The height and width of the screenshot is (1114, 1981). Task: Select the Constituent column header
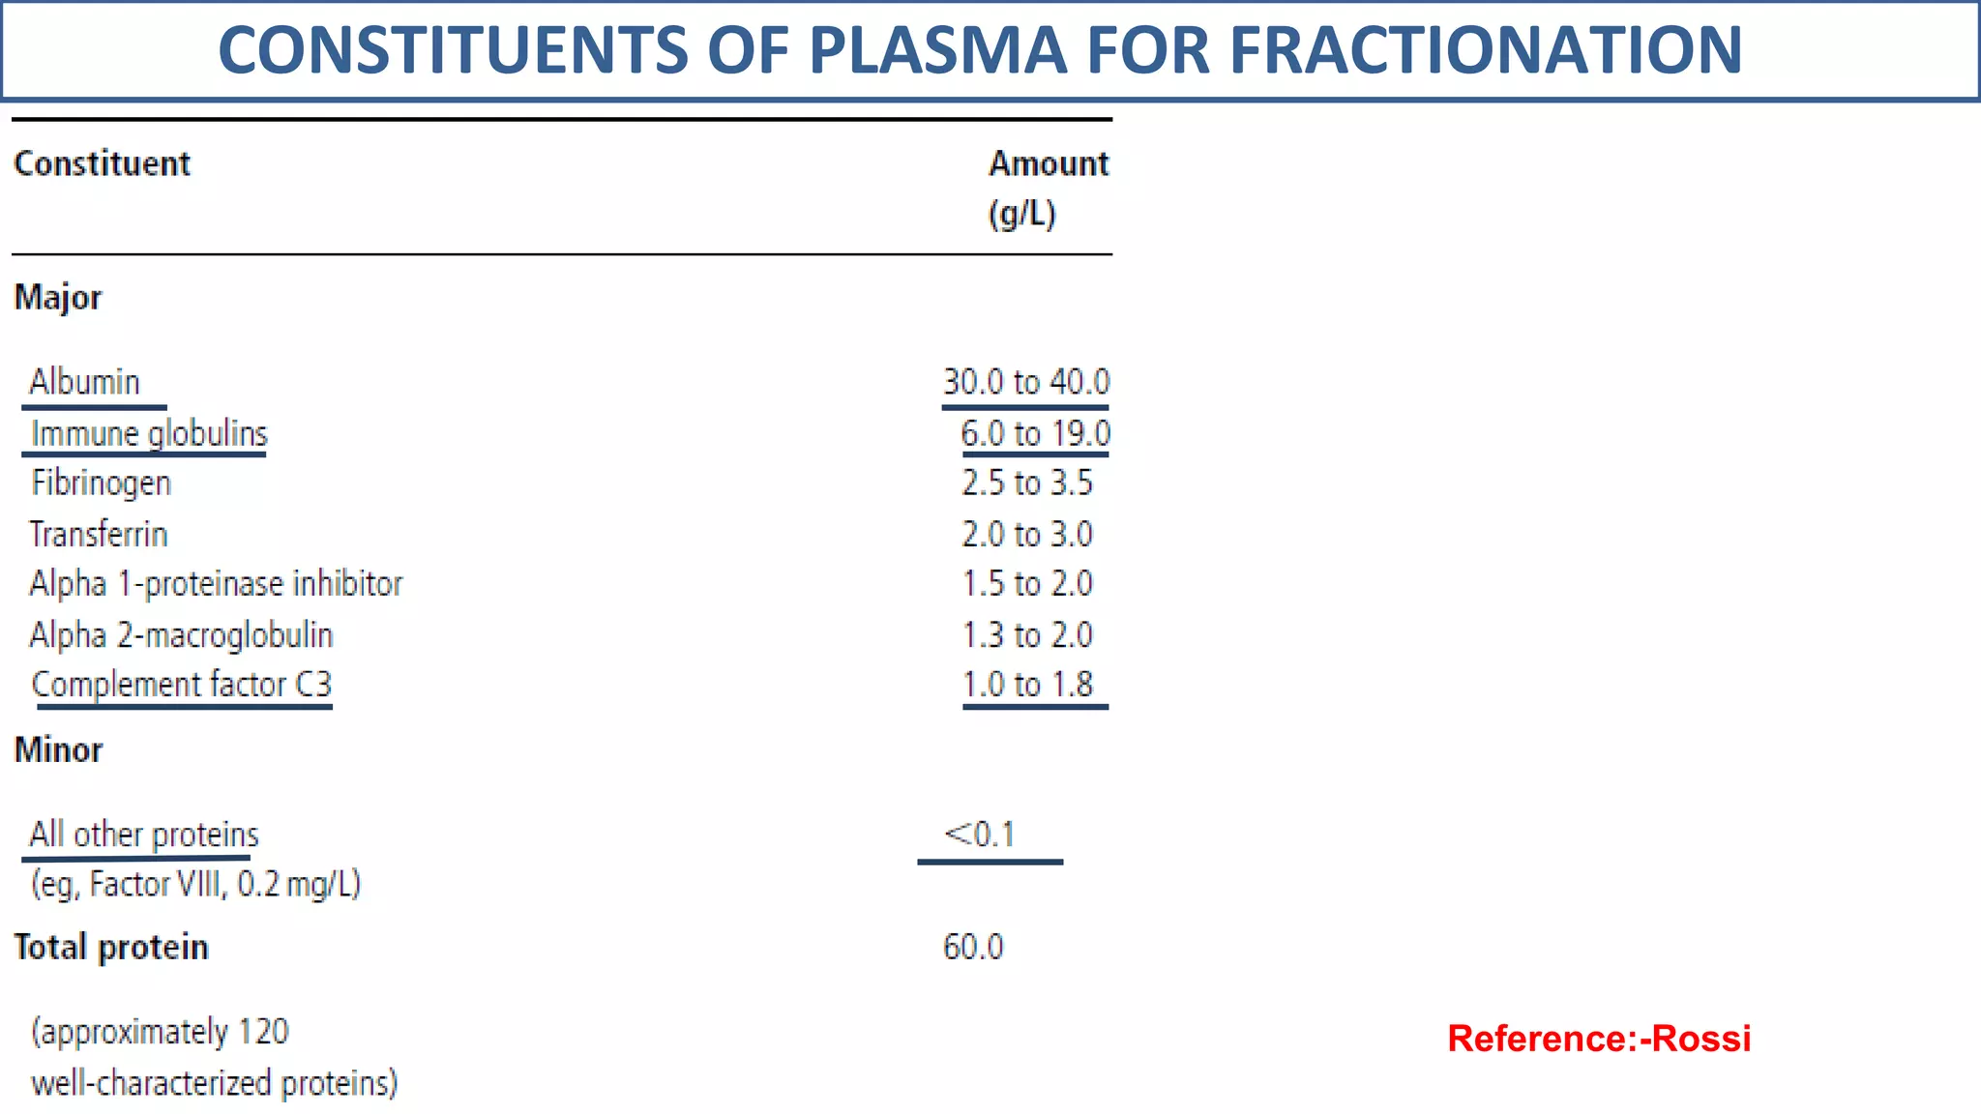pos(102,163)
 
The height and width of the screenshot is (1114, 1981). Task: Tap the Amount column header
pos(1048,163)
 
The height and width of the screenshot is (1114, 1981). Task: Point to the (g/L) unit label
pos(1021,214)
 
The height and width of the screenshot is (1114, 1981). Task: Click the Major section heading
pos(57,297)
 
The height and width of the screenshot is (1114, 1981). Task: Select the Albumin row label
pos(84,382)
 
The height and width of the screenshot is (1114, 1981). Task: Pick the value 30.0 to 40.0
pos(1025,382)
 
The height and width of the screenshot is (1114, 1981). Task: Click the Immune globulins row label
pos(149,433)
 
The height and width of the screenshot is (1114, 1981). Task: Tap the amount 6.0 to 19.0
pos(1035,433)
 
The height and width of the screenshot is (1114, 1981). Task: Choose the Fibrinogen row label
pos(101,483)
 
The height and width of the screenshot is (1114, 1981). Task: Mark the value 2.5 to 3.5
pos(1026,483)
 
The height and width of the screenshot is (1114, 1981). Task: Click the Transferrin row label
pos(98,534)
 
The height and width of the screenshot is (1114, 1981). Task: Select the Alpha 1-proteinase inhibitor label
pos(216,584)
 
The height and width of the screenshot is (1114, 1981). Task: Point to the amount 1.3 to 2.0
pos(1026,635)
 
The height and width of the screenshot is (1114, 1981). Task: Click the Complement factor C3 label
pos(182,685)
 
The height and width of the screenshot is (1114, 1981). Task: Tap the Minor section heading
pos(58,750)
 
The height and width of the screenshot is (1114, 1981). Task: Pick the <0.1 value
pos(979,834)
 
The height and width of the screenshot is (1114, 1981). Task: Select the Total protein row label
pos(110,947)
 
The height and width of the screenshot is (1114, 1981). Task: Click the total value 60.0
pos(973,947)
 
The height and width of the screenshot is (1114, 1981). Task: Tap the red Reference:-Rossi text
pos(1598,1039)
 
